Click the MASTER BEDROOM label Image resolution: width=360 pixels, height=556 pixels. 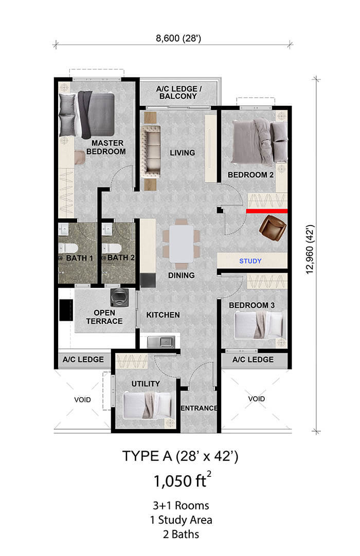pyautogui.click(x=106, y=147)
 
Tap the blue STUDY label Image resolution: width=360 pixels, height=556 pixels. pyautogui.click(x=250, y=261)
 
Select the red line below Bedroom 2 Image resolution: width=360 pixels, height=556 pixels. pyautogui.click(x=266, y=211)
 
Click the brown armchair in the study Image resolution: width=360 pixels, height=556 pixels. pyautogui.click(x=273, y=227)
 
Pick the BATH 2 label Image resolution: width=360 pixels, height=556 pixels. pyautogui.click(x=121, y=257)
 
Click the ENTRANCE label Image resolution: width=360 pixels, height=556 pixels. pyautogui.click(x=199, y=408)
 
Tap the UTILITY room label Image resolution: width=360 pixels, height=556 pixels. pyautogui.click(x=146, y=383)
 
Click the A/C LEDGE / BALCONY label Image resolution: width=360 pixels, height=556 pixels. pyautogui.click(x=178, y=92)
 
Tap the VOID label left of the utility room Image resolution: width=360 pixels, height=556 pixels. pyautogui.click(x=82, y=399)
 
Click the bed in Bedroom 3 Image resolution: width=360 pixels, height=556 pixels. pyautogui.click(x=257, y=325)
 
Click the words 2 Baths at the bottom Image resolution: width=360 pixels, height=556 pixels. pyautogui.click(x=179, y=534)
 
